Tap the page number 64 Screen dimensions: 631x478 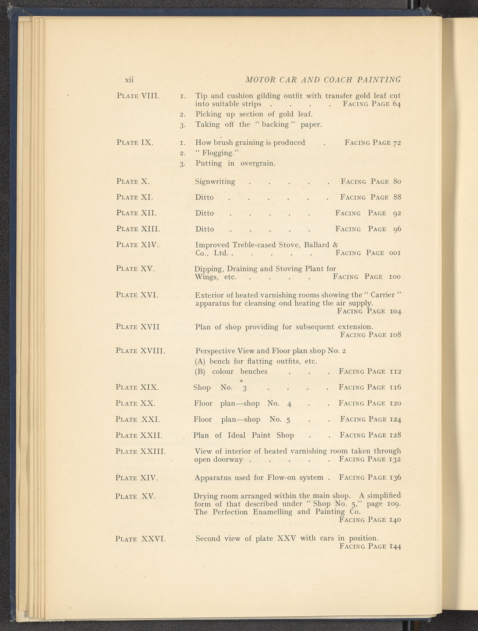point(396,104)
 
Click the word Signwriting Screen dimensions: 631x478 point(215,182)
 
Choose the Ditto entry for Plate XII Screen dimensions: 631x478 point(204,213)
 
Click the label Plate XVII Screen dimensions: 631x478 point(137,327)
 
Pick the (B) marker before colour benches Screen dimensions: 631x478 point(200,371)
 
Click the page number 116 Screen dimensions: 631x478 point(396,387)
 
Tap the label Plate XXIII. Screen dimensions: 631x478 point(140,451)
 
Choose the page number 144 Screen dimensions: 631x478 point(395,547)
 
